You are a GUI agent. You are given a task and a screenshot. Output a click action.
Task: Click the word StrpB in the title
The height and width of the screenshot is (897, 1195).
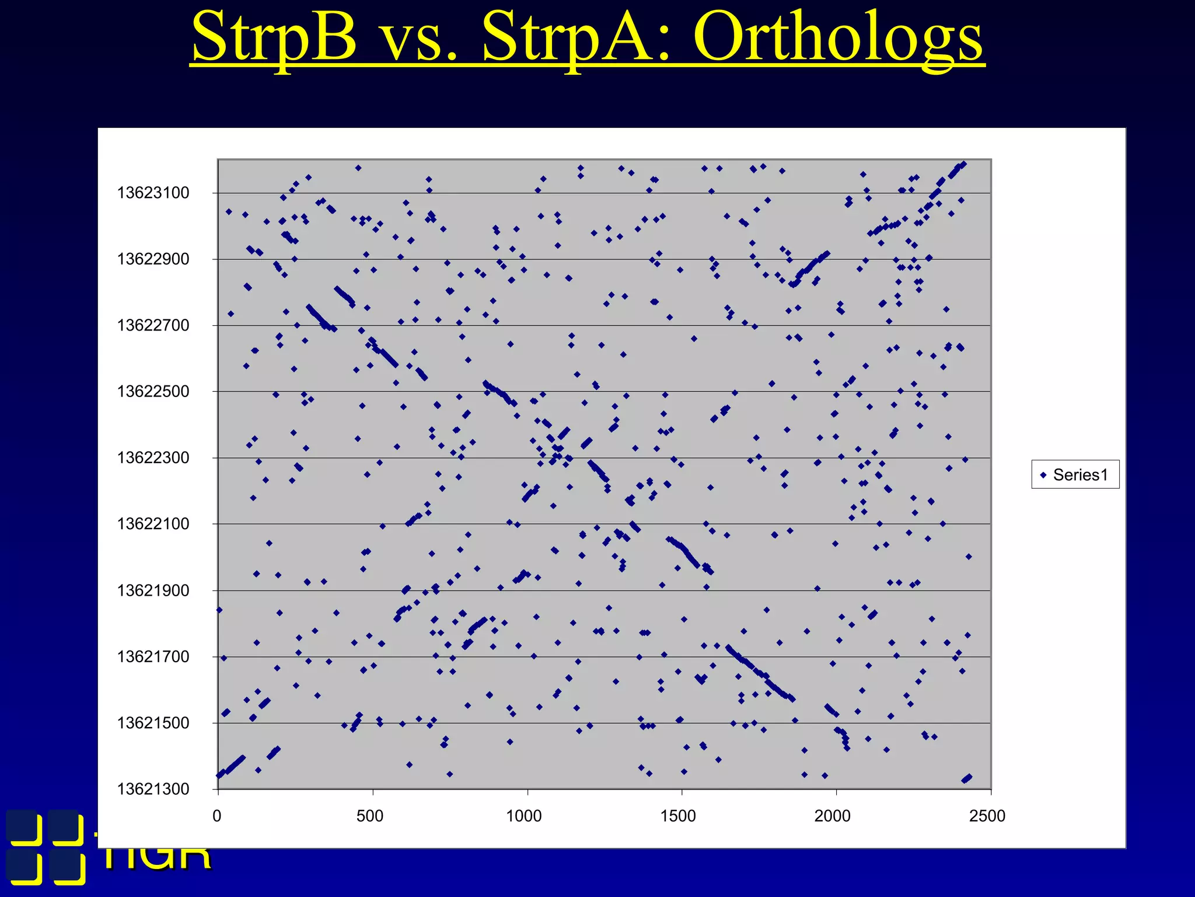274,39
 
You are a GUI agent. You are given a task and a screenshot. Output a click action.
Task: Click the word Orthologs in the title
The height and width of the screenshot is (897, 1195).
838,39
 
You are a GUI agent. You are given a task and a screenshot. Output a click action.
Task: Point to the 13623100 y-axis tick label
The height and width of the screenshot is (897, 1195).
153,193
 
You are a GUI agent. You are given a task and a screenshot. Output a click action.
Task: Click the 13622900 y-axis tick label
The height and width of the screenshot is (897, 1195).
153,259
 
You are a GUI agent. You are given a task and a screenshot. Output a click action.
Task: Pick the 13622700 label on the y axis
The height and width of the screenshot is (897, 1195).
153,325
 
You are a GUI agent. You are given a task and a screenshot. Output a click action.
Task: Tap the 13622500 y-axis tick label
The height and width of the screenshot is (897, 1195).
153,391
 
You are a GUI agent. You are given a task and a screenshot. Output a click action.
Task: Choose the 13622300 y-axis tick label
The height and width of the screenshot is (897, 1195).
153,458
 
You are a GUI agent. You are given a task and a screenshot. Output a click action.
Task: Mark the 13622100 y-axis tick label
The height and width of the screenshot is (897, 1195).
153,524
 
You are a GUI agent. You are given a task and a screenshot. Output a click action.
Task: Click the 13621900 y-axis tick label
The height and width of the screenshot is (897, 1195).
153,590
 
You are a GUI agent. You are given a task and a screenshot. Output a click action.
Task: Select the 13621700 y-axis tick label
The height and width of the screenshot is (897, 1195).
153,656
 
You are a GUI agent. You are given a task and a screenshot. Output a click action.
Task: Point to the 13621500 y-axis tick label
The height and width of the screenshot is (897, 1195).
153,723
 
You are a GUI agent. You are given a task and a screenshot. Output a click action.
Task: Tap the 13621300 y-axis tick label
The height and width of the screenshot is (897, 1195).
153,789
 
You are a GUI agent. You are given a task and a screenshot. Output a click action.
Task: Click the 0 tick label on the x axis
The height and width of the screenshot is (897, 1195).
217,816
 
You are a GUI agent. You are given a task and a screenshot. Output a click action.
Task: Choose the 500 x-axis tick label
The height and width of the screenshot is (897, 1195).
370,816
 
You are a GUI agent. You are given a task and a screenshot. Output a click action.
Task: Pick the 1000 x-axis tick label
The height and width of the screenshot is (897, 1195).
524,816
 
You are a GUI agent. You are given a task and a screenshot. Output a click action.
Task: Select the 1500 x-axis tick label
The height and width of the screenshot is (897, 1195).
678,816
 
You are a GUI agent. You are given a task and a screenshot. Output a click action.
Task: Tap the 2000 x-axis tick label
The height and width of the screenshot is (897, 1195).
833,816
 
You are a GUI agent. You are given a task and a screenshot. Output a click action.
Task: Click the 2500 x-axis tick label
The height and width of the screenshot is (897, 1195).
987,816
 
